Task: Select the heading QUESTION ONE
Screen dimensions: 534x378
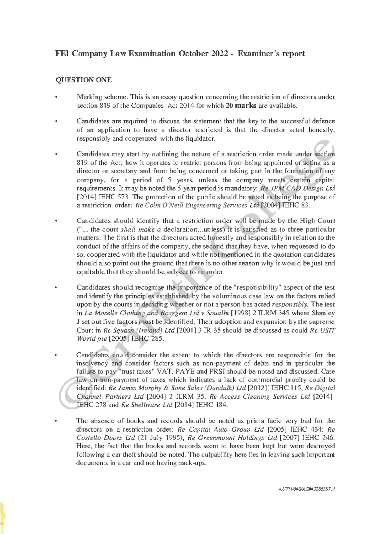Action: pos(83,80)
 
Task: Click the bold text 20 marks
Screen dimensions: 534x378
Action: pos(241,105)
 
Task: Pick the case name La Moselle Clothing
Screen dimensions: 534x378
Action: pos(117,313)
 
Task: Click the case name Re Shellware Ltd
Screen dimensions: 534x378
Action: pos(147,405)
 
